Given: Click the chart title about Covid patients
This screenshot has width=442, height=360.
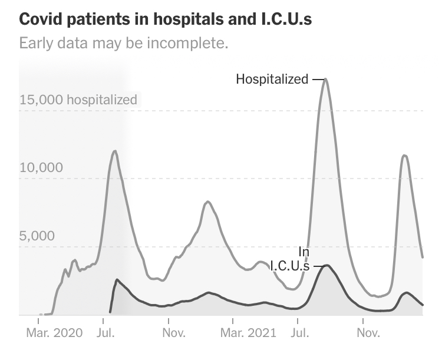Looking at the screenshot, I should click(166, 19).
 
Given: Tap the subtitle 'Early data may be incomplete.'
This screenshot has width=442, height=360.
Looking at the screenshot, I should click(123, 44).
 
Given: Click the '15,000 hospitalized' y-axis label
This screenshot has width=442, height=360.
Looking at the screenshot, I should click(78, 100).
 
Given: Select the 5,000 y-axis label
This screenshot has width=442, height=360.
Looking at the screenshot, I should click(37, 236).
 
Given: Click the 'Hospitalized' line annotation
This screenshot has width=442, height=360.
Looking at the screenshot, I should click(272, 79).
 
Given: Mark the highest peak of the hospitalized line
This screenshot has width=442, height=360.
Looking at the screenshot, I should click(326, 79).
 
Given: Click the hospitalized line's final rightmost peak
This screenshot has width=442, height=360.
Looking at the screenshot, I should click(404, 156).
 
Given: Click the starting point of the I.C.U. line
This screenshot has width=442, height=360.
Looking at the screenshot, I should click(110, 312).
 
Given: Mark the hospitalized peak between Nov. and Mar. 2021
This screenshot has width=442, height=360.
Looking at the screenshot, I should click(207, 202).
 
